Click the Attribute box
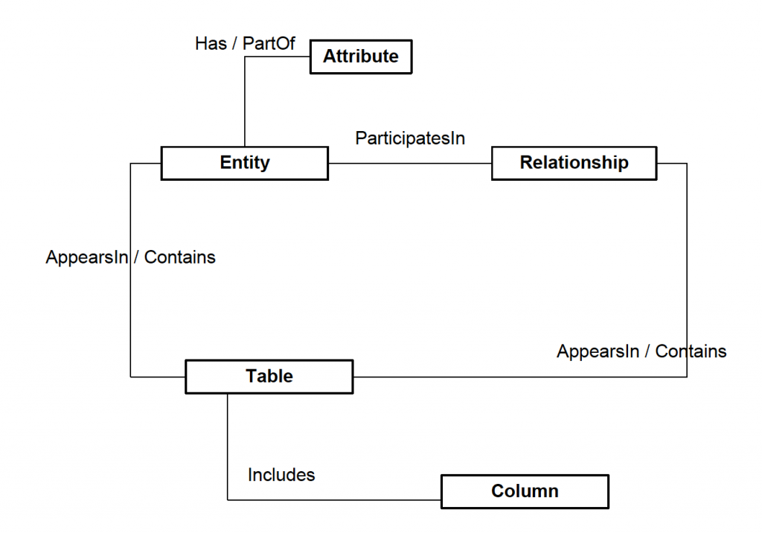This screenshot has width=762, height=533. [x=360, y=57]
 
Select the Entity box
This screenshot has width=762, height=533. [x=244, y=163]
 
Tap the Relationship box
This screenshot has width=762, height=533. [x=574, y=163]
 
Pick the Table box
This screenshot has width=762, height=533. [x=269, y=377]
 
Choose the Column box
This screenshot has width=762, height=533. [x=525, y=491]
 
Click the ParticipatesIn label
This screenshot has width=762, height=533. [x=410, y=138]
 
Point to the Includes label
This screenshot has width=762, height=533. [x=281, y=474]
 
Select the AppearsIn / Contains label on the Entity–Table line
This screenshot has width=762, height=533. [x=130, y=258]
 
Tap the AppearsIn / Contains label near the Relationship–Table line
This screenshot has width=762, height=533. [x=641, y=351]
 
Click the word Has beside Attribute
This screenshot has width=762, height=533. [x=211, y=43]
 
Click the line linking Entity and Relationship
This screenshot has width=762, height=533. [x=409, y=163]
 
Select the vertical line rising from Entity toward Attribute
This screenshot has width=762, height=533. [x=244, y=104]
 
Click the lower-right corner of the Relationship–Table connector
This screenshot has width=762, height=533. [x=686, y=377]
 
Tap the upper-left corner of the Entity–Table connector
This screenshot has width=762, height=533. [x=131, y=163]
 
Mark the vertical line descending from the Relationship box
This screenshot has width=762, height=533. [x=686, y=268]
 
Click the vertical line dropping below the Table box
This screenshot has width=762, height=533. [x=226, y=447]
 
